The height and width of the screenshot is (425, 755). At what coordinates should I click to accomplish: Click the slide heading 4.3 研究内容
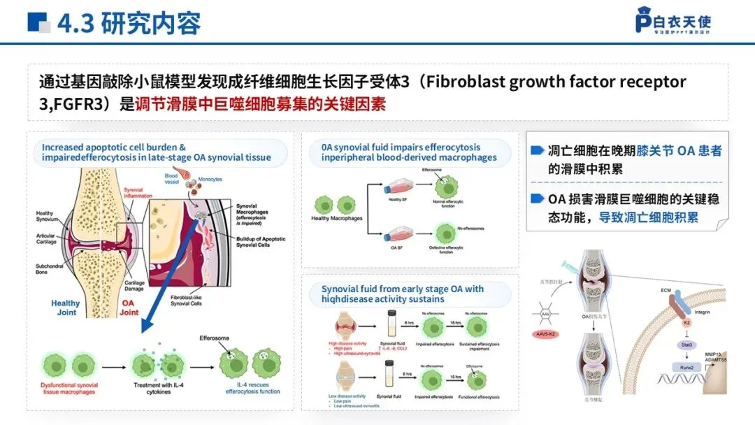point(129,23)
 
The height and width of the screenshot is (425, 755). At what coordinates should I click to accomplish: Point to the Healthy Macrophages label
point(337,219)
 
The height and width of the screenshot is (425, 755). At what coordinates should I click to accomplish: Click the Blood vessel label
point(171,179)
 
